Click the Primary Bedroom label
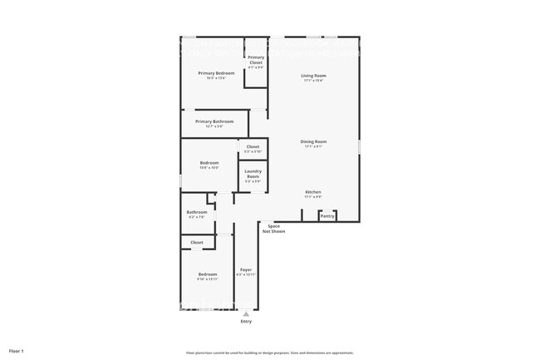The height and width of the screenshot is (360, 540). pos(216,73)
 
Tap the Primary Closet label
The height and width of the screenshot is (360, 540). pos(256,59)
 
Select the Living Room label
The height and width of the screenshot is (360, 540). pos(313,76)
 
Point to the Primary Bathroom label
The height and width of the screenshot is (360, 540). pos(214,121)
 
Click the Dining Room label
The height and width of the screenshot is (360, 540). pos(313,141)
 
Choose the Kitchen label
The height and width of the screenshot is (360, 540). pos(313,192)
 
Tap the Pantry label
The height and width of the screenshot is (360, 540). pos(327,216)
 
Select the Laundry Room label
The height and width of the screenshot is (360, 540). pos(253,174)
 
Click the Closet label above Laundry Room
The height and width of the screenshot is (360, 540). pos(253,147)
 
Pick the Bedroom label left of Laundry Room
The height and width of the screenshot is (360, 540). pos(209,163)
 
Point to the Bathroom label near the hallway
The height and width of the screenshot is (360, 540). pos(197,212)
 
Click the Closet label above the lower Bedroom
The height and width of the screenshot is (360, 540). pos(197,243)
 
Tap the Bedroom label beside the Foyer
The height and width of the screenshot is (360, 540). pos(207,274)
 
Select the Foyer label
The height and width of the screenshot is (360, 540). pos(246,270)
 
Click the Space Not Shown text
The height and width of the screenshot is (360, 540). pos(273,229)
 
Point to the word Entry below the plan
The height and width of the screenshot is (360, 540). pos(246,322)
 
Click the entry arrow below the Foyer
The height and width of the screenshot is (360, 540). pos(245,314)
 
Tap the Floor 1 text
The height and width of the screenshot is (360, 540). pos(17,352)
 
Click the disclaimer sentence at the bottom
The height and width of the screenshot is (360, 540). pos(270,353)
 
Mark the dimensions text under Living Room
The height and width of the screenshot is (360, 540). pos(313,81)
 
